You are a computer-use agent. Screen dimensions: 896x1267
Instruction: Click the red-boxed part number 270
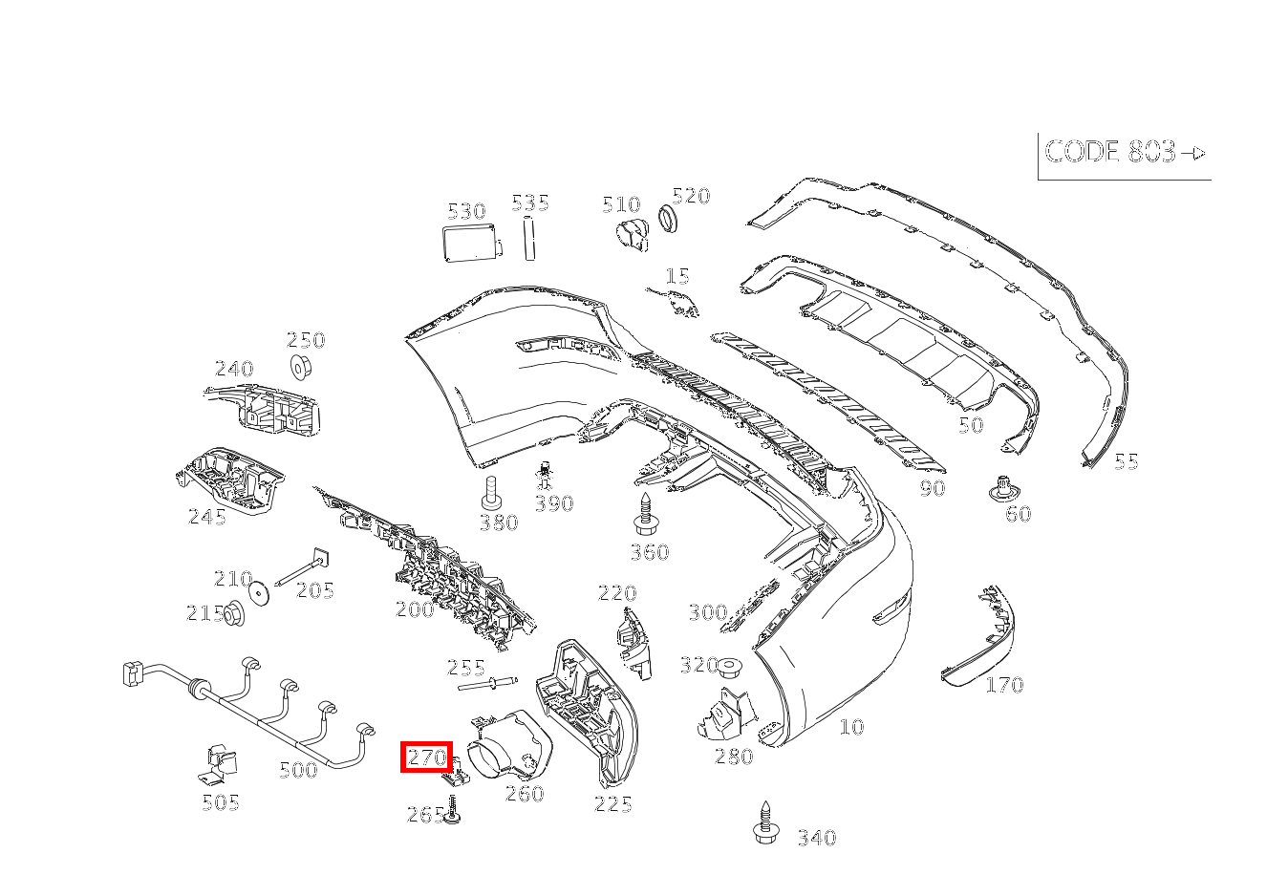click(x=426, y=757)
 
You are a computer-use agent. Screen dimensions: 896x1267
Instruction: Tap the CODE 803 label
click(x=1124, y=152)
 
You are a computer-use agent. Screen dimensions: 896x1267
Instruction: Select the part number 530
click(x=466, y=211)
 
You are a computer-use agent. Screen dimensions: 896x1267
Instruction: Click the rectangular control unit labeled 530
click(x=470, y=243)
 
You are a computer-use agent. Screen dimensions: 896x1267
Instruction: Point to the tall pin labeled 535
click(x=527, y=239)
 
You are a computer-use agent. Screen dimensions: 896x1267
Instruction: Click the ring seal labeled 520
click(x=670, y=220)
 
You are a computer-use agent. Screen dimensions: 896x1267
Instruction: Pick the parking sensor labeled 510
click(x=632, y=233)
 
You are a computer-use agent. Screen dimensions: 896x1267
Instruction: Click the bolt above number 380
click(x=491, y=492)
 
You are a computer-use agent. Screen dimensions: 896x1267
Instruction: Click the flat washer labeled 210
click(x=258, y=592)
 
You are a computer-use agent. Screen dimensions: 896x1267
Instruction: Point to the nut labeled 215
click(x=232, y=614)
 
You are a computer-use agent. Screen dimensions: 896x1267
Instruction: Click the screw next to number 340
click(x=763, y=822)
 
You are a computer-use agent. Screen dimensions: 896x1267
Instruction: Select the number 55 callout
click(x=1127, y=461)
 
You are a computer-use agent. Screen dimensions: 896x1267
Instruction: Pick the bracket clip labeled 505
click(x=221, y=765)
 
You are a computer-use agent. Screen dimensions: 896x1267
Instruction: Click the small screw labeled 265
click(x=454, y=812)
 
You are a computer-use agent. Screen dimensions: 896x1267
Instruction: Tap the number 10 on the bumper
click(x=851, y=727)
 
